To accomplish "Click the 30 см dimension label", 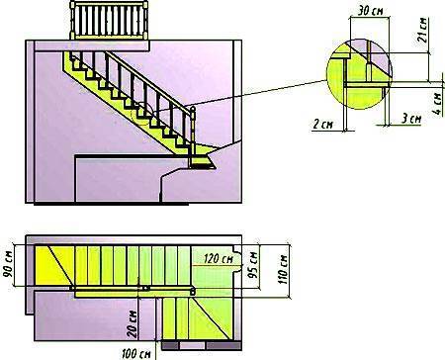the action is pyautogui.click(x=371, y=11).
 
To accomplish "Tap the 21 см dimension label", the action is pyautogui.click(x=423, y=30).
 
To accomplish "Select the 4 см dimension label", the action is pyautogui.click(x=437, y=103).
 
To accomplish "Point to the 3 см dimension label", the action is pyautogui.click(x=411, y=119).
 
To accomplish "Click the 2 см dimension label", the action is pyautogui.click(x=323, y=124).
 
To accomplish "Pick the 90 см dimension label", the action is pyautogui.click(x=8, y=263).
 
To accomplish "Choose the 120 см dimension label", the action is pyautogui.click(x=219, y=258).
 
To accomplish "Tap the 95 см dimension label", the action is pyautogui.click(x=253, y=264).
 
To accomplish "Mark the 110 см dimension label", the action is pyautogui.click(x=283, y=270).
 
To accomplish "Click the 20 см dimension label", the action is pyautogui.click(x=133, y=323).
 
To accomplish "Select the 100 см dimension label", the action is pyautogui.click(x=136, y=354).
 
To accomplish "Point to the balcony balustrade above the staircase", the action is pyautogui.click(x=109, y=20).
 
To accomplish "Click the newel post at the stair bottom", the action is pyautogui.click(x=193, y=135).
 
